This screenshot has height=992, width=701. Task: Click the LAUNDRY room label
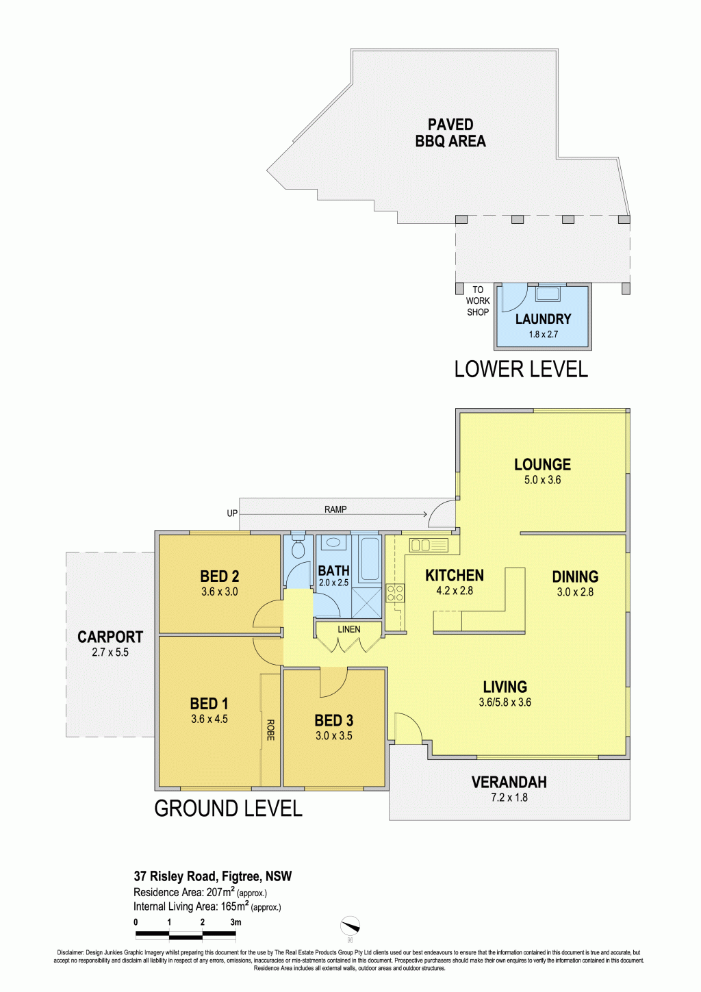point(543,319)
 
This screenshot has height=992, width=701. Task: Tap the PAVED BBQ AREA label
point(450,132)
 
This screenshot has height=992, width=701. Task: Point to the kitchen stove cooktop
point(395,593)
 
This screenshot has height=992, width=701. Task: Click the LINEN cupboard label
point(349,629)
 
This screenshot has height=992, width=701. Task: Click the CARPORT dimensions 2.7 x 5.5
point(110,652)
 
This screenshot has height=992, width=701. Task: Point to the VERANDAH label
point(509,783)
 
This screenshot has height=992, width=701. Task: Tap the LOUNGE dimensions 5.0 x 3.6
point(542,480)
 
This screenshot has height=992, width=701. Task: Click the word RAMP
point(335,509)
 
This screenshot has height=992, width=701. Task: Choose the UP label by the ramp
point(232,513)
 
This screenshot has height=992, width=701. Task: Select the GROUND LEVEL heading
point(228,809)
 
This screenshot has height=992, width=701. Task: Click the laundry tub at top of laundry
point(548,294)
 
